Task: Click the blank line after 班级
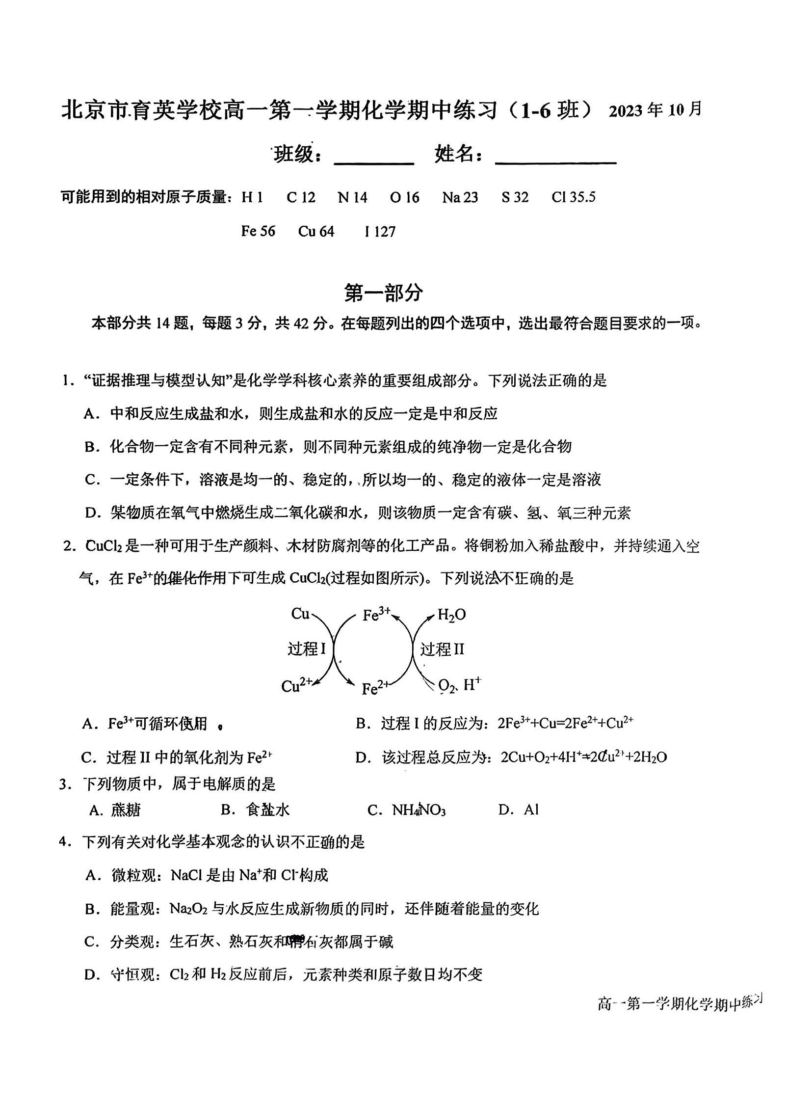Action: tap(374, 162)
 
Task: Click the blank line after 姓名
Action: tap(555, 162)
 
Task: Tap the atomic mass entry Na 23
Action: tap(460, 197)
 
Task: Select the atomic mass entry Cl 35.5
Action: tap(573, 197)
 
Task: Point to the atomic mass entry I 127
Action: tap(380, 231)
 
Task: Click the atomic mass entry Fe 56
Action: tap(258, 231)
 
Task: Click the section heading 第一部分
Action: tap(383, 293)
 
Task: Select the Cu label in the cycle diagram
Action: tap(300, 614)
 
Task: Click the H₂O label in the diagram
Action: tap(451, 615)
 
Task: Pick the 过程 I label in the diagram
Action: tap(307, 649)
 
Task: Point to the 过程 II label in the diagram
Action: tap(442, 649)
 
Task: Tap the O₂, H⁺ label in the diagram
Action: tap(459, 685)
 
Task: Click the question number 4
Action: tap(62, 841)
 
